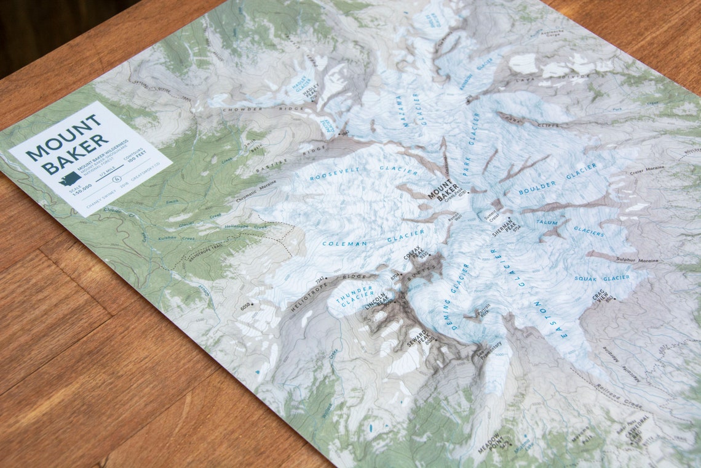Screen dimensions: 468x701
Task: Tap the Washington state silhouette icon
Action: pyautogui.click(x=69, y=179)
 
